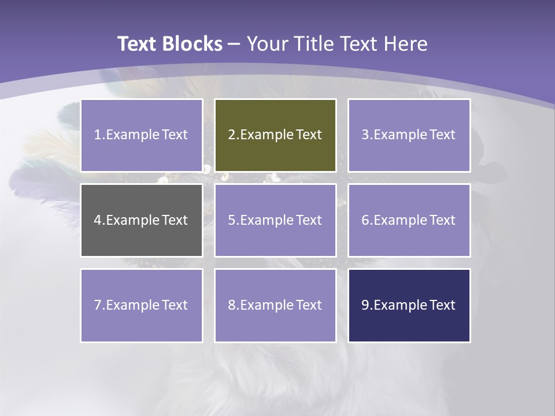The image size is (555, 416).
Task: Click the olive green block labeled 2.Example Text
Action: pos(275,135)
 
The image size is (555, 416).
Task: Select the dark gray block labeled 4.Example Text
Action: pos(142,220)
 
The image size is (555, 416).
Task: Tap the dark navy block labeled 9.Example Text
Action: pos(409,305)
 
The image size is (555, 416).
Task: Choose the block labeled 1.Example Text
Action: pos(142,135)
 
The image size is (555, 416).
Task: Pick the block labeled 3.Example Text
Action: pos(409,135)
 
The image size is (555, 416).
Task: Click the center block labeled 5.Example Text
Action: pos(275,220)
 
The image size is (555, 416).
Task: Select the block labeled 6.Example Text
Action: pos(409,220)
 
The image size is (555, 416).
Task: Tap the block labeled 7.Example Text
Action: pos(142,305)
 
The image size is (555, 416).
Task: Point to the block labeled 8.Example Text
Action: pos(275,305)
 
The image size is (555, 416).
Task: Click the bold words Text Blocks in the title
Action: pos(169,44)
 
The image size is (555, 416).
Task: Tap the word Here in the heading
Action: pos(408,44)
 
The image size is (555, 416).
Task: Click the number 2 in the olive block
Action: pos(231,135)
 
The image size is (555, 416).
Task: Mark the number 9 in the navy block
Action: pos(365,305)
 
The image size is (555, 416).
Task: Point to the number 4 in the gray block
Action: pos(98,220)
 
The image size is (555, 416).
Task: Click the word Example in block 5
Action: pos(267,220)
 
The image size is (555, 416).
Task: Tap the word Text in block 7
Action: pos(175,305)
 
